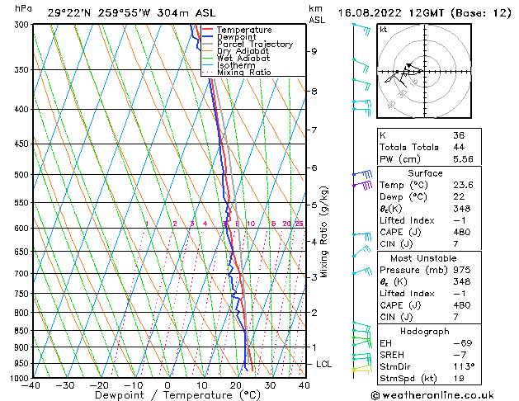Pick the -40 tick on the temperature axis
[x=31, y=385]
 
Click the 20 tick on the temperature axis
[x=236, y=385]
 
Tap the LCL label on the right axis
[x=325, y=364]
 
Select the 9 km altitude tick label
[x=314, y=51]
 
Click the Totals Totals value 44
[x=459, y=147]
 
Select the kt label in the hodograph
[x=383, y=29]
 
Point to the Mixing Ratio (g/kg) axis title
[x=324, y=231]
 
